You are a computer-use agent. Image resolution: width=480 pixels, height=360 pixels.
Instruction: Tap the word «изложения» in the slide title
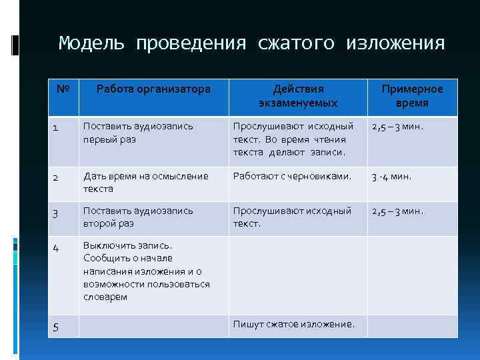coord(395,43)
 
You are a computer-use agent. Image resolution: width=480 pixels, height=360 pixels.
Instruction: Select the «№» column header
coord(63,89)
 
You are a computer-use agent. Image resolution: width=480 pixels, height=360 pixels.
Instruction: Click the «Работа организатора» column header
coord(153,89)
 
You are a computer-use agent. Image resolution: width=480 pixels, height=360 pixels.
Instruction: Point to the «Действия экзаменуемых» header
coord(298,96)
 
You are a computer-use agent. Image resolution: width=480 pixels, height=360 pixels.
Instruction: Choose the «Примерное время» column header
coord(411,96)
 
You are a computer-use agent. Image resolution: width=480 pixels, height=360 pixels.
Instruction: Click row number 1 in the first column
coord(57,127)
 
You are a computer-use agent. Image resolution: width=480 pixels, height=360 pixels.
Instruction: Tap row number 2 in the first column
coord(57,178)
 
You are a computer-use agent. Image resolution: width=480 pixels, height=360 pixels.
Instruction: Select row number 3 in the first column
coord(57,213)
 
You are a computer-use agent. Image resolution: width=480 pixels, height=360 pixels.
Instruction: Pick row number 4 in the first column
coord(57,247)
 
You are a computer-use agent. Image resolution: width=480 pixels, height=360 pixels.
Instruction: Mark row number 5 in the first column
coord(56,327)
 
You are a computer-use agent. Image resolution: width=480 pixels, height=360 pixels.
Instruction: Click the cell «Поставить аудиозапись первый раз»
coord(137,132)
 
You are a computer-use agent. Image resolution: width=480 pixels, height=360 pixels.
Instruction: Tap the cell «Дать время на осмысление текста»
coord(145,183)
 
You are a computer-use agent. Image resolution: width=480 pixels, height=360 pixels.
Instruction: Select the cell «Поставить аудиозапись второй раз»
coord(137,217)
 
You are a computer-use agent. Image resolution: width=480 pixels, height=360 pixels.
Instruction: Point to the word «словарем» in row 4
coord(105,297)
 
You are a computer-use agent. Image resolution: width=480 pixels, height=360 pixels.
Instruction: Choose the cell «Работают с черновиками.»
coord(291,177)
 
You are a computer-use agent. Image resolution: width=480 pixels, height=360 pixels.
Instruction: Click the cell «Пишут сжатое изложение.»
coord(293,324)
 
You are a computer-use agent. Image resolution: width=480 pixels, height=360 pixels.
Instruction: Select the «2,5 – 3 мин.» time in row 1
coord(397,126)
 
